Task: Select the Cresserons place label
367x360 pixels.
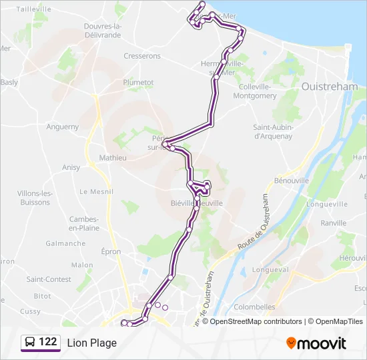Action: click(x=142, y=57)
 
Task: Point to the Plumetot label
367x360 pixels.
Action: click(x=138, y=82)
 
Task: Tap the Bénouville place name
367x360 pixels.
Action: click(x=292, y=181)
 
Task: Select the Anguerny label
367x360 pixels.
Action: click(x=63, y=127)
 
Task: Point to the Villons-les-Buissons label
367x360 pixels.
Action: click(x=34, y=197)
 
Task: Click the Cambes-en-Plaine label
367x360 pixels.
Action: click(x=84, y=223)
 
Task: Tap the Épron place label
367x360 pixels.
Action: click(x=111, y=251)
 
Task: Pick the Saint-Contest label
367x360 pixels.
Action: click(x=49, y=279)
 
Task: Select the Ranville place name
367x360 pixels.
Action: click(x=334, y=223)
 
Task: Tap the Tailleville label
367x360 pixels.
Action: click(x=33, y=9)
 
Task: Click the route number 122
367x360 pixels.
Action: click(x=47, y=342)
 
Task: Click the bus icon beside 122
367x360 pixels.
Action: click(x=30, y=343)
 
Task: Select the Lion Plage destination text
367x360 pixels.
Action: click(x=91, y=343)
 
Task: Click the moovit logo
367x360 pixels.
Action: click(x=316, y=343)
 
